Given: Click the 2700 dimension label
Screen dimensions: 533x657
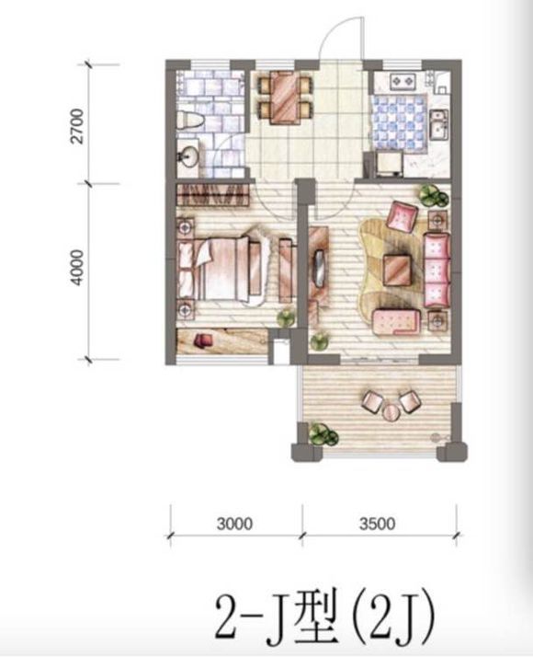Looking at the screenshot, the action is click(78, 127).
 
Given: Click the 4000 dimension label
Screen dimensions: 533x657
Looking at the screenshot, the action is click(78, 268).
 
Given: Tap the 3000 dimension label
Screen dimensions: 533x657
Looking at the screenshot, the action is click(234, 524).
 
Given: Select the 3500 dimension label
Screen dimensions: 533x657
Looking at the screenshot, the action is click(377, 524).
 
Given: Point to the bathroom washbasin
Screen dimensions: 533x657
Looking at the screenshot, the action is click(187, 156).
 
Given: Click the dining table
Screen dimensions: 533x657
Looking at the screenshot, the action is click(285, 98).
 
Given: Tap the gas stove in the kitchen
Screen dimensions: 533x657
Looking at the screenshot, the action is click(403, 82).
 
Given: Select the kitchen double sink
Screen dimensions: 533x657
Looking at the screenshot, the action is click(439, 123).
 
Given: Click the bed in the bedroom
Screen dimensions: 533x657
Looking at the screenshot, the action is click(221, 269).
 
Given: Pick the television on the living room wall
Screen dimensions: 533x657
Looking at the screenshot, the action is click(319, 269).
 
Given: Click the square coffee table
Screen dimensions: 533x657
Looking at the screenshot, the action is click(397, 270).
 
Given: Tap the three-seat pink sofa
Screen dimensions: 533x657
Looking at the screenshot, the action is click(437, 271).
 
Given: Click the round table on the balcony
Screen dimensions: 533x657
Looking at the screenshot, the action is click(391, 412).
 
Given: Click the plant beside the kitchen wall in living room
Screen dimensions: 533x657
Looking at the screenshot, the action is click(433, 195).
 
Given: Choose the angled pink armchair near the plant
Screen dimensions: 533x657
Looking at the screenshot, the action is click(403, 216).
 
